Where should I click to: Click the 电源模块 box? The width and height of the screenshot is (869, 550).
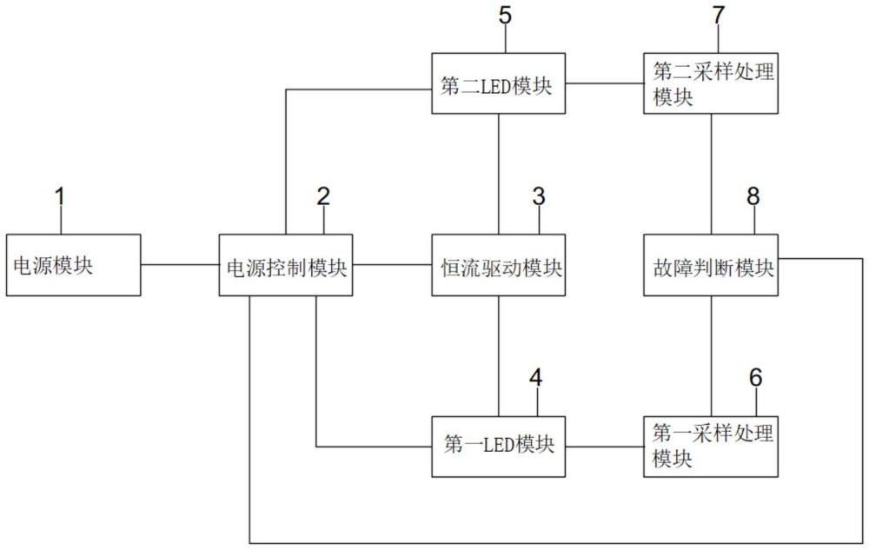pos(73,265)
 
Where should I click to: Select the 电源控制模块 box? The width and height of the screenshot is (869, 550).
pos(285,265)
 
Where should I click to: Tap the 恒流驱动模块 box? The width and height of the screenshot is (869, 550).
pos(498,265)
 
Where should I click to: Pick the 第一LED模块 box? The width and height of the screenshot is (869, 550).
pos(498,447)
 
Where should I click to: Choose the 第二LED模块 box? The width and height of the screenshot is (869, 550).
pos(498,83)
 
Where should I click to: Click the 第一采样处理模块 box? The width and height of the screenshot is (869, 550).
pos(711,447)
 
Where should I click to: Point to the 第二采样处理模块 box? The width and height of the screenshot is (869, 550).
pos(711,83)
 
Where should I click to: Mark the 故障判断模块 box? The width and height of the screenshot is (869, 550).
pos(711,265)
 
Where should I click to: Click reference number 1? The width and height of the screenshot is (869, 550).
pos(60,197)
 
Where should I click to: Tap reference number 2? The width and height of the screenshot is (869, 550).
pos(323,197)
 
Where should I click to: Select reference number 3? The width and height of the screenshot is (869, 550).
pos(539,197)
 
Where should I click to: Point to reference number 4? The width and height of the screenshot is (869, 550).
pos(535,378)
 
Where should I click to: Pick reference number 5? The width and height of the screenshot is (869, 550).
pos(505,16)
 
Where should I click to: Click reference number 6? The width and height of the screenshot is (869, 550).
pos(755,378)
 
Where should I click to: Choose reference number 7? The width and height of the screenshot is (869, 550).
pos(719,16)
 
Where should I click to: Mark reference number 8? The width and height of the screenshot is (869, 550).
pos(753,197)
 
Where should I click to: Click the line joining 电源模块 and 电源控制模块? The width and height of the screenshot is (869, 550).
pos(180,265)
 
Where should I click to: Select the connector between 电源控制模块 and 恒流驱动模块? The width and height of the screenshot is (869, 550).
pos(392,265)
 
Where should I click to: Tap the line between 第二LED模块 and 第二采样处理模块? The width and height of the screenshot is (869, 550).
pos(604,83)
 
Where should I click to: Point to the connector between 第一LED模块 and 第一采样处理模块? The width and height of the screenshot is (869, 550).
pos(604,447)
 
